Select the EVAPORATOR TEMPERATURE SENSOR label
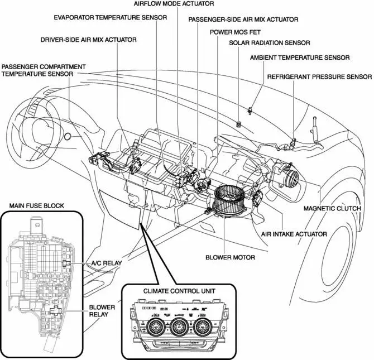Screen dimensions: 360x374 point(110,17)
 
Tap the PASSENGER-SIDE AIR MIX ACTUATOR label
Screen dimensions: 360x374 point(243,20)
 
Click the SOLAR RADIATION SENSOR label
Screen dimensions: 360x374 point(269,42)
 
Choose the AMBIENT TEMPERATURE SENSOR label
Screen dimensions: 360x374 point(300,57)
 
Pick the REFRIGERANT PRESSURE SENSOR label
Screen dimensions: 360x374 point(319,76)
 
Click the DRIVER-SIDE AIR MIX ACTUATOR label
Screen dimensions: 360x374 point(88,40)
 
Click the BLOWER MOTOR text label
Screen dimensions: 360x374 point(230,257)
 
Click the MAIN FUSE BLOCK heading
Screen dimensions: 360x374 point(37,205)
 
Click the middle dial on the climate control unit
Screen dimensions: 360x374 point(179,325)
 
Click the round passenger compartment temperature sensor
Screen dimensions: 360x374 point(68,136)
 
